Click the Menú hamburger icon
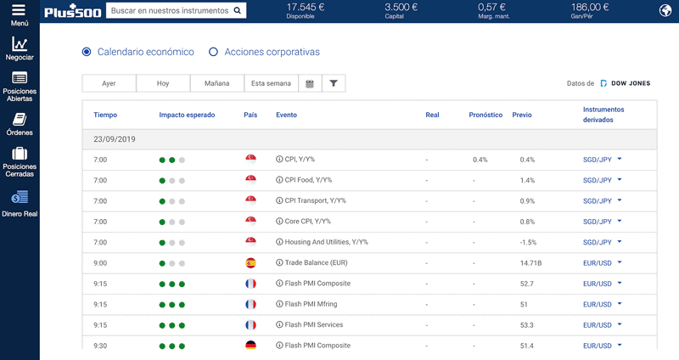tap(19, 9)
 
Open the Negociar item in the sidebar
tap(20, 48)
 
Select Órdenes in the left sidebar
tap(20, 124)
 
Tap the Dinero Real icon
tap(20, 197)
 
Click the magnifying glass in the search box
tap(238, 10)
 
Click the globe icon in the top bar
tap(665, 10)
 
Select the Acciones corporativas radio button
tap(213, 52)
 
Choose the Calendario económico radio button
tap(87, 52)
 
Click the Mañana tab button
tap(217, 83)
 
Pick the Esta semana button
tap(271, 83)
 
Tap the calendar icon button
tap(310, 83)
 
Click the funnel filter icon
tap(334, 83)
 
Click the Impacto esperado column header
tap(187, 115)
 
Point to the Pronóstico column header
tap(485, 115)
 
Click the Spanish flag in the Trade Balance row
tap(250, 263)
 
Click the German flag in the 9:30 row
tap(250, 346)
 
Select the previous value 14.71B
tap(531, 263)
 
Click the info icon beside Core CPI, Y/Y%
tap(279, 221)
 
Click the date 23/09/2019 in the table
tap(115, 139)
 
